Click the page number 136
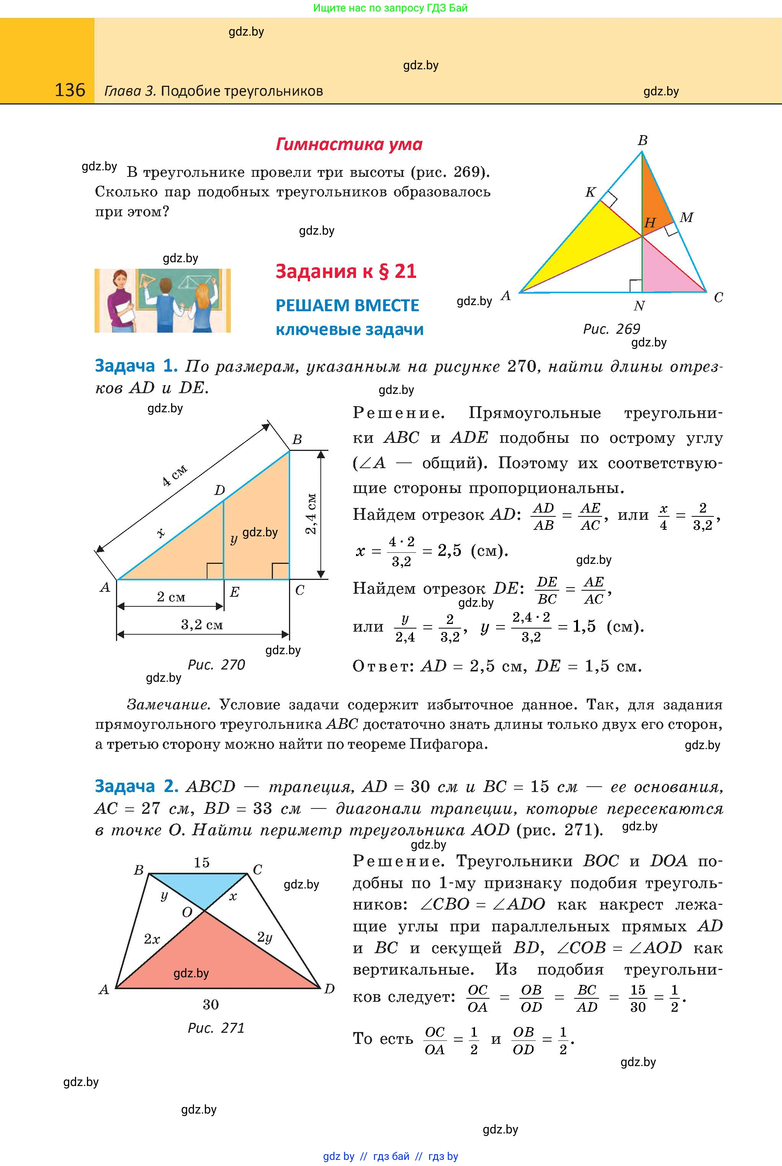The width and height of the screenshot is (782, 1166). coord(70,90)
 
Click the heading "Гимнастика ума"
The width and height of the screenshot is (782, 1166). coord(349,145)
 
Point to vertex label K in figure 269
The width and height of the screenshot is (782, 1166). coord(591,193)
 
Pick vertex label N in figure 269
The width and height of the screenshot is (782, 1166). coord(639,306)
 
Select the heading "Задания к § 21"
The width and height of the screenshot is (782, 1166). coord(346,271)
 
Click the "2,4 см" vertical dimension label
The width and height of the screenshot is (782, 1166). coord(311,514)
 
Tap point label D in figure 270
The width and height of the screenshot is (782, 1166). coord(219,491)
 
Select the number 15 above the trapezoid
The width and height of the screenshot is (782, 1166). coord(201,863)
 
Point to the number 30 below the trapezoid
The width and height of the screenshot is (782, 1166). coord(211,1004)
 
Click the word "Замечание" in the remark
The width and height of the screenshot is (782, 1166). coord(168,705)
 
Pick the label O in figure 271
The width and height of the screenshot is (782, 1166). coord(187,913)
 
